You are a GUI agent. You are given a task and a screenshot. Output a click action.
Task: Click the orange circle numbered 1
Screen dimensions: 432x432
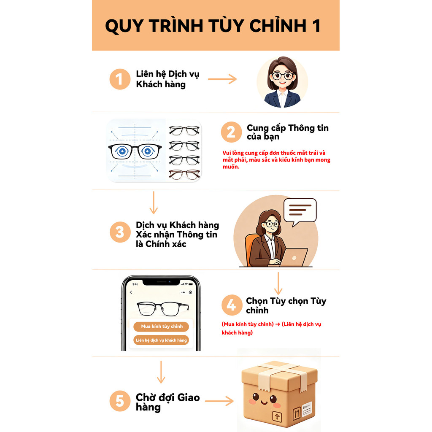pos(120,79)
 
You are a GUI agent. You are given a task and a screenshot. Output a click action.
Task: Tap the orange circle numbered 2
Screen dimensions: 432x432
pos(231,132)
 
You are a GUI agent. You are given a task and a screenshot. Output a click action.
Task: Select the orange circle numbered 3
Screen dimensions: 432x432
pos(120,232)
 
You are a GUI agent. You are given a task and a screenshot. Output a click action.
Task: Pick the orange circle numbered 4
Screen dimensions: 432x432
pos(232,305)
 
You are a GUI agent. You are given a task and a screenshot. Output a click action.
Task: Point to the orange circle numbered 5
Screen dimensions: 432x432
pos(120,401)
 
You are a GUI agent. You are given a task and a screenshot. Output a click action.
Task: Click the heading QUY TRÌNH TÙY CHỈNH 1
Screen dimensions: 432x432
pos(213,26)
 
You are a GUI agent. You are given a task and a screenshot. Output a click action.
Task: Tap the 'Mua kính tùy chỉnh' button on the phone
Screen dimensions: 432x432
pos(162,327)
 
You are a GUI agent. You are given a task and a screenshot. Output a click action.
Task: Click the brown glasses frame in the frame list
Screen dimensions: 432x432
pos(184,174)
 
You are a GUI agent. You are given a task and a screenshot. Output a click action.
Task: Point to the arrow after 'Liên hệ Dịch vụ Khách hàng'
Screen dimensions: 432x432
pos(222,79)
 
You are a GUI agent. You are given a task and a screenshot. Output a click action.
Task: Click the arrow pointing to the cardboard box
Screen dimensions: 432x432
pos(219,401)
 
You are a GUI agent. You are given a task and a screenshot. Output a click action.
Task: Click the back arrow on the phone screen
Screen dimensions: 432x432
pos(131,293)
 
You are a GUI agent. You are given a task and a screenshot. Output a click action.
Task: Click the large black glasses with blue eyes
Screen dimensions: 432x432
pos(135,151)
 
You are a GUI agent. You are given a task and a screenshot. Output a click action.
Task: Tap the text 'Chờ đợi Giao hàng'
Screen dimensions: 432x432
pos(167,402)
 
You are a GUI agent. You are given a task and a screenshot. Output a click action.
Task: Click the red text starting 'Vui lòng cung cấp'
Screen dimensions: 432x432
pos(276,160)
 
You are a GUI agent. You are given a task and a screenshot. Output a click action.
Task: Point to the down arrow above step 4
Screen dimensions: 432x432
pos(278,283)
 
